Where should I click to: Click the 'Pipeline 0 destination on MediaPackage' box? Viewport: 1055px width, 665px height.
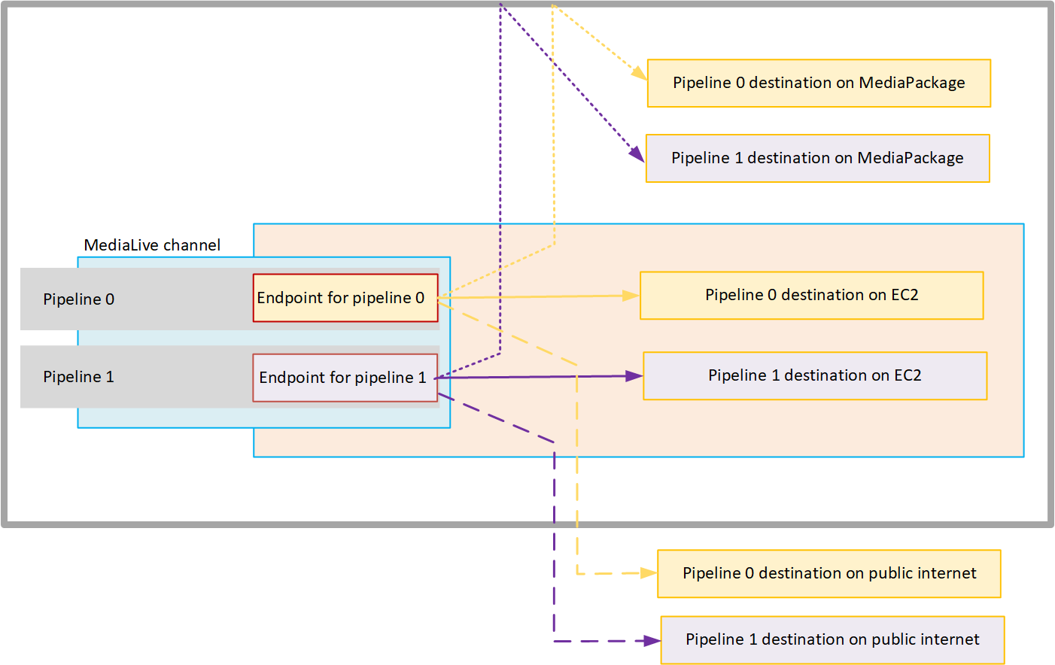coord(819,83)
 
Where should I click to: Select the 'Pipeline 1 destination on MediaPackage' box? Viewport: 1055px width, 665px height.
coord(817,158)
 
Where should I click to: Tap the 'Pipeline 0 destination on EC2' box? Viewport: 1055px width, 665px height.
coord(811,295)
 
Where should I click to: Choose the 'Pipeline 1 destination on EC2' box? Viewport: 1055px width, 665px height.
coord(814,375)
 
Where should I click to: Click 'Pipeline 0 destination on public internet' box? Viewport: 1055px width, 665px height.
coord(828,573)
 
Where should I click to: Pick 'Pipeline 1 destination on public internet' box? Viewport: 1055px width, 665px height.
coord(832,639)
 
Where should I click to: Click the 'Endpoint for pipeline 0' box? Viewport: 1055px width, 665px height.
coord(345,298)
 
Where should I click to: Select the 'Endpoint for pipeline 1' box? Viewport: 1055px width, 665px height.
coord(345,378)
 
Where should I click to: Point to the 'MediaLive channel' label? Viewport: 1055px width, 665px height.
coord(152,245)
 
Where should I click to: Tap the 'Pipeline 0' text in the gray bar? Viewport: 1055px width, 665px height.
coord(78,299)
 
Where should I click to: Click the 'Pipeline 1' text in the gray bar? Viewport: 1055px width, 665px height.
coord(78,377)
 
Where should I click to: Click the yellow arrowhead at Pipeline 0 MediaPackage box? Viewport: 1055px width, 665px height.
coord(640,73)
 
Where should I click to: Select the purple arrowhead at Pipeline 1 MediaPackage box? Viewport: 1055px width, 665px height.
coord(637,155)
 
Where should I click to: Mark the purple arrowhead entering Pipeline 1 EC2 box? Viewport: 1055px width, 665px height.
coord(634,376)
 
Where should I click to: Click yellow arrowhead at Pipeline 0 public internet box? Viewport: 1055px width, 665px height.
coord(649,573)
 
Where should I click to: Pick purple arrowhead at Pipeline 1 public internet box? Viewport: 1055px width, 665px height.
coord(652,641)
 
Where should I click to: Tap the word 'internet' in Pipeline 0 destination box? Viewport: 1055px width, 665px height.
coord(947,573)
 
